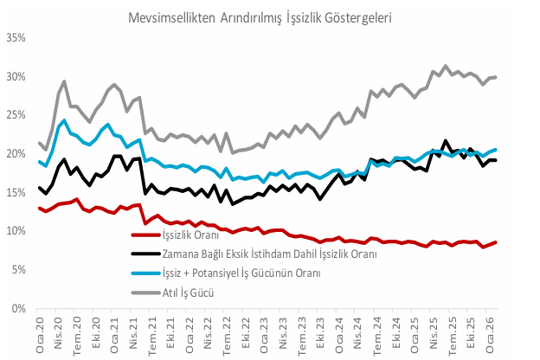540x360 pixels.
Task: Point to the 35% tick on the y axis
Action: pos(16,38)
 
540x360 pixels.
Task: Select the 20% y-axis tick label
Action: pos(16,154)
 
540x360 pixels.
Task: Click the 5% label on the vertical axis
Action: pos(18,270)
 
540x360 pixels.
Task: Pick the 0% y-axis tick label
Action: pos(18,309)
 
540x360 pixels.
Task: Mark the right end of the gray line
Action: pos(495,77)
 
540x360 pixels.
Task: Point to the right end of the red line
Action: pos(495,242)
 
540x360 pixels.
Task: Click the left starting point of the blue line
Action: pos(40,161)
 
